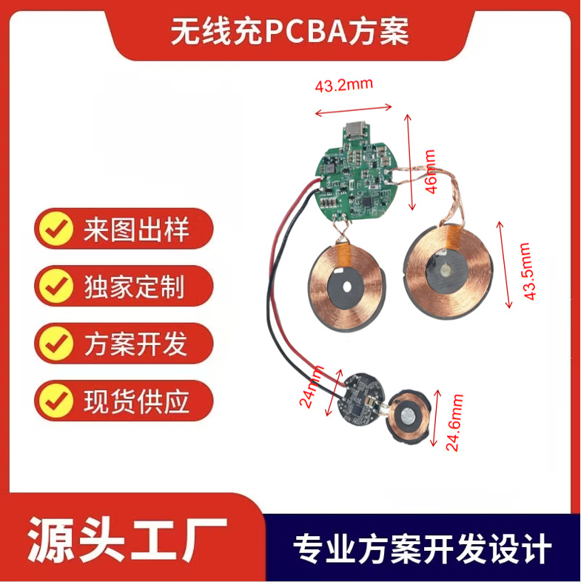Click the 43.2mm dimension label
point(345,85)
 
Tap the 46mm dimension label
point(430,172)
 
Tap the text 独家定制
point(135,287)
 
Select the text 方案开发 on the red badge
point(135,344)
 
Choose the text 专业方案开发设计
point(423,549)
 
